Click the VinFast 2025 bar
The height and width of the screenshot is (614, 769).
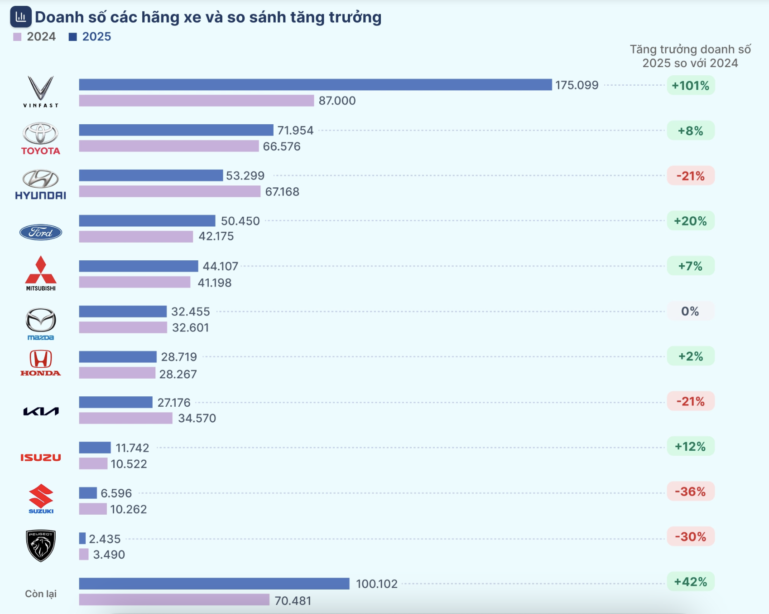coord(315,85)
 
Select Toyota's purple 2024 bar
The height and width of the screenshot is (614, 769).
coord(168,146)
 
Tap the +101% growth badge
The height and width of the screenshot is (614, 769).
coord(690,86)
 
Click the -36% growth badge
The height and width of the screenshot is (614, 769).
coord(690,492)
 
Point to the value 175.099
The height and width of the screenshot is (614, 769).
coord(577,85)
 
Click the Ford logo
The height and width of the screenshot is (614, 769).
coord(41,232)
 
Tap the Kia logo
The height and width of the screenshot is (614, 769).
coord(41,411)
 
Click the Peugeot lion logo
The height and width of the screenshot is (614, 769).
coord(41,545)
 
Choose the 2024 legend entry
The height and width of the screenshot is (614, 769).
coord(35,37)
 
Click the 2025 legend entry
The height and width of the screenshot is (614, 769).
coord(90,37)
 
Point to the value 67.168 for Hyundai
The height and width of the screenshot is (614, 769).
coord(282,192)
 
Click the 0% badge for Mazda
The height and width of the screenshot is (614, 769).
coord(690,311)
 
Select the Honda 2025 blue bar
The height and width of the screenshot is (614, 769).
coord(118,357)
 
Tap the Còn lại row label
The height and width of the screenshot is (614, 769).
coord(41,594)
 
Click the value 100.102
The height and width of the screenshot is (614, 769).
coord(376,584)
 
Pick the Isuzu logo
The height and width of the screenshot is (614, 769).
coord(41,458)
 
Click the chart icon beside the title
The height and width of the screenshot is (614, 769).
coord(21,17)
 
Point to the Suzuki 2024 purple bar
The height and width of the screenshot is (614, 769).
coord(93,509)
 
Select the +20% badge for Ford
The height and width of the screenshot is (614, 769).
coord(690,221)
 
